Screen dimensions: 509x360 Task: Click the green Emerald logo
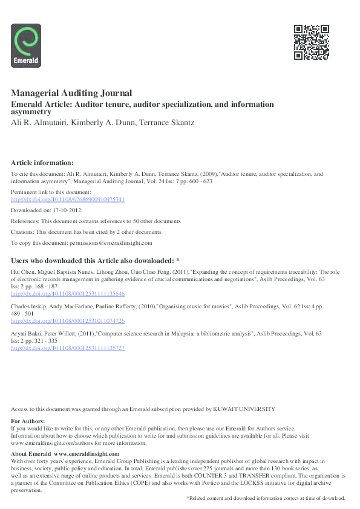(26, 44)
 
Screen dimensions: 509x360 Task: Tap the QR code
(311, 42)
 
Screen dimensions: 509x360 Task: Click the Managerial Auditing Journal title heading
(71, 93)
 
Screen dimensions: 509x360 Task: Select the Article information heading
(42, 163)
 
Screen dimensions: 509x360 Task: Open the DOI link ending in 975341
(68, 199)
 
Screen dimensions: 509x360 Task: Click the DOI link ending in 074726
(68, 321)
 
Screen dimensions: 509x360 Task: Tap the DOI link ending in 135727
(68, 349)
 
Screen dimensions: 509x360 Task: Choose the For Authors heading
(28, 421)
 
